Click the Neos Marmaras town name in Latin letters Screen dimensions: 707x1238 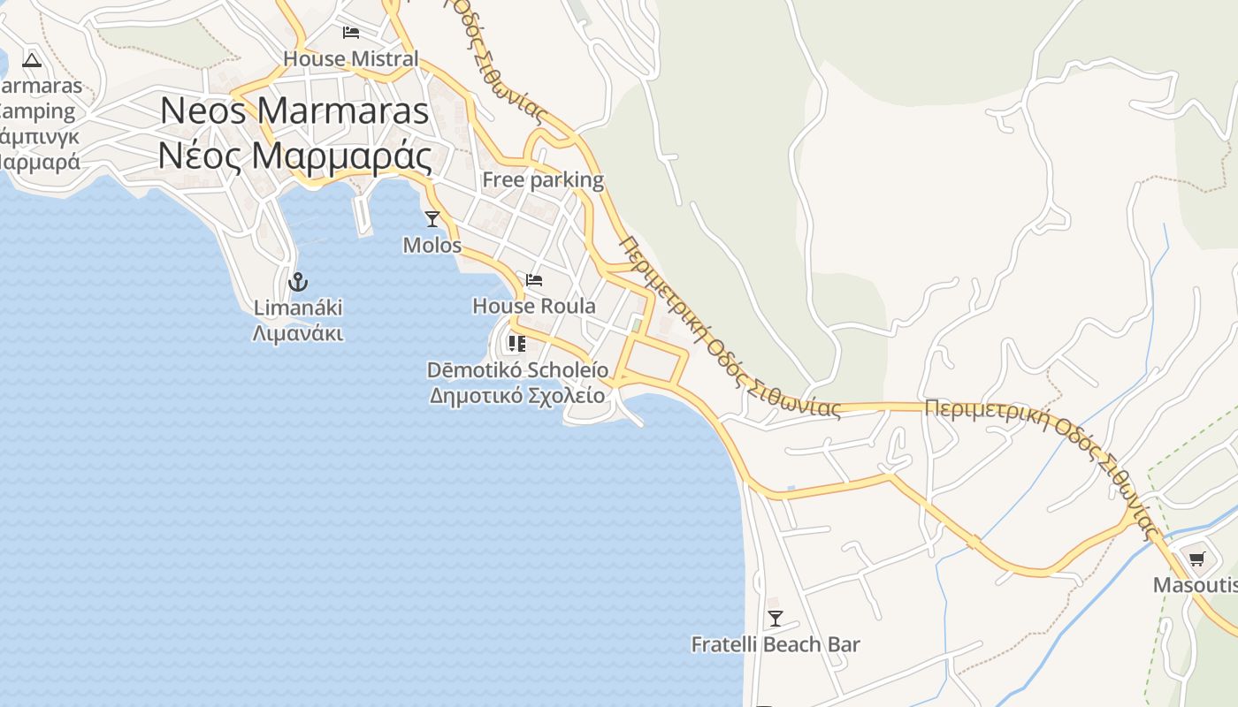[294, 111]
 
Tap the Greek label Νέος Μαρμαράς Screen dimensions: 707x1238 [294, 156]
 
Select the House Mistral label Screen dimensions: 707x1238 [351, 59]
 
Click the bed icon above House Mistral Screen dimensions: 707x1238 [351, 33]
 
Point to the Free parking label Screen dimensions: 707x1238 [543, 180]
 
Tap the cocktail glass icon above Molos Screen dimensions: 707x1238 [432, 218]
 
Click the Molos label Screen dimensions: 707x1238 [432, 245]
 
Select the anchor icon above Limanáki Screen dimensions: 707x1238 [298, 282]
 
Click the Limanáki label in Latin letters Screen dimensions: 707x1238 [298, 308]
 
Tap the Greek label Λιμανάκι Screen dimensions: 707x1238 [298, 334]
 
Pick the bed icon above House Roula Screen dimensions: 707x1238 [534, 280]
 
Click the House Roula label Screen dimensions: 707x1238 [534, 307]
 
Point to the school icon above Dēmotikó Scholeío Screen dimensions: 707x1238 [517, 343]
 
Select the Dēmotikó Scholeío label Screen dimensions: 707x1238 [517, 369]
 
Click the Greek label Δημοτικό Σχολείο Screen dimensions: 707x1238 [517, 395]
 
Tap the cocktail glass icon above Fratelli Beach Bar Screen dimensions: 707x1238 [776, 618]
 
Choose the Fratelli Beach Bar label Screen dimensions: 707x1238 [776, 645]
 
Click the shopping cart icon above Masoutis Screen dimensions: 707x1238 [1196, 558]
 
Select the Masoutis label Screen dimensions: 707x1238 [1194, 585]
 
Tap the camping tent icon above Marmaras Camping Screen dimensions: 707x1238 [33, 60]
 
